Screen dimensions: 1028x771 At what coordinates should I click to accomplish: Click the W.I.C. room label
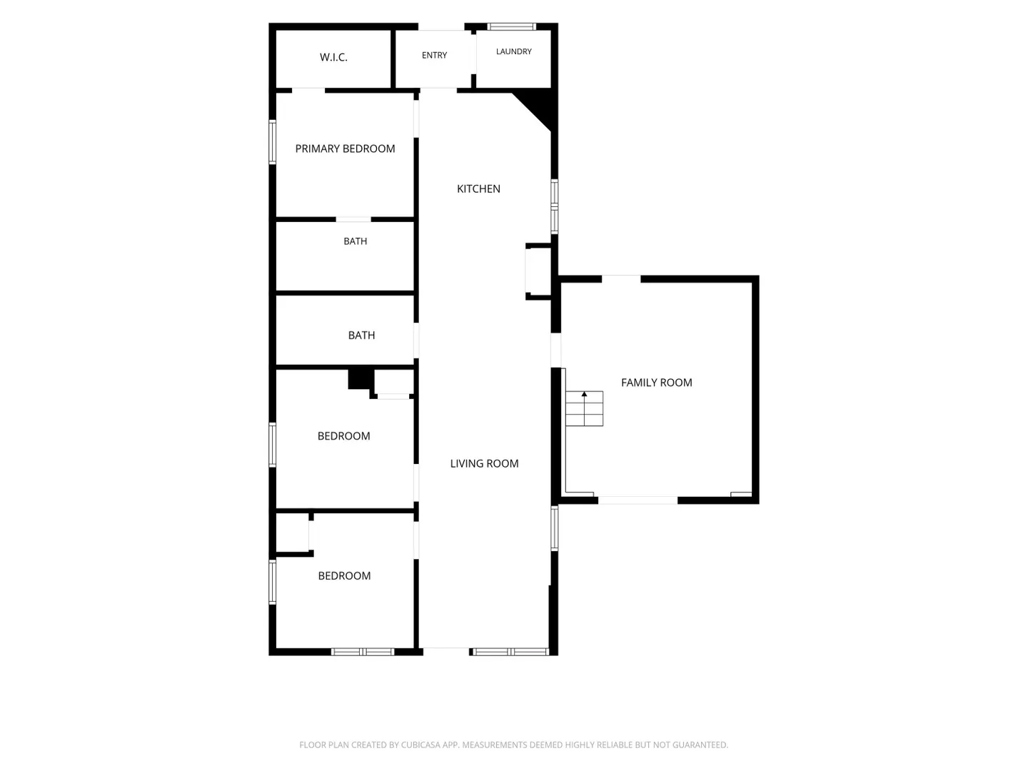point(333,57)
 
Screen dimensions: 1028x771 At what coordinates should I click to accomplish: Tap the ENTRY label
point(434,55)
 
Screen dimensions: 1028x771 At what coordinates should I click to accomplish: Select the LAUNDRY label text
point(514,51)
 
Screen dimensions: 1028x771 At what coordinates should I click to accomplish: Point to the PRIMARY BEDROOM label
point(345,148)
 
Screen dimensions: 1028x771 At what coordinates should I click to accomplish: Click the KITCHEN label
point(478,188)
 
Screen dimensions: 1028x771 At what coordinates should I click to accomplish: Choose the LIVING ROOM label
point(484,463)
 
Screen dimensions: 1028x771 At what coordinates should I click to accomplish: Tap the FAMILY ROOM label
point(656,383)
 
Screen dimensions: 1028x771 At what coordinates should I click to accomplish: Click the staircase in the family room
point(584,408)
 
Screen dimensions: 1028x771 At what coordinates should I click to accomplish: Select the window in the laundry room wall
point(511,26)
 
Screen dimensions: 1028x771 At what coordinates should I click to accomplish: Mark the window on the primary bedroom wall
point(272,142)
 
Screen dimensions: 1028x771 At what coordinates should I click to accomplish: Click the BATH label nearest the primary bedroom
point(355,241)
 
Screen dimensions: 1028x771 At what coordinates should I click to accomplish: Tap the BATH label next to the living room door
point(361,336)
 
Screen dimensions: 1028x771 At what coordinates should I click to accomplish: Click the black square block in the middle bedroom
point(361,379)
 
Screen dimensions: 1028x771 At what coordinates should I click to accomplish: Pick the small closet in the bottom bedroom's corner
point(292,533)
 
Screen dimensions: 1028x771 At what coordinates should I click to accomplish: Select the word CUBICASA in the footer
point(420,745)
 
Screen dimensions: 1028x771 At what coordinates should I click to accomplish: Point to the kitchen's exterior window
point(554,206)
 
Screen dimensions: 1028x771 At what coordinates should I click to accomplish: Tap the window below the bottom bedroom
point(363,652)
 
